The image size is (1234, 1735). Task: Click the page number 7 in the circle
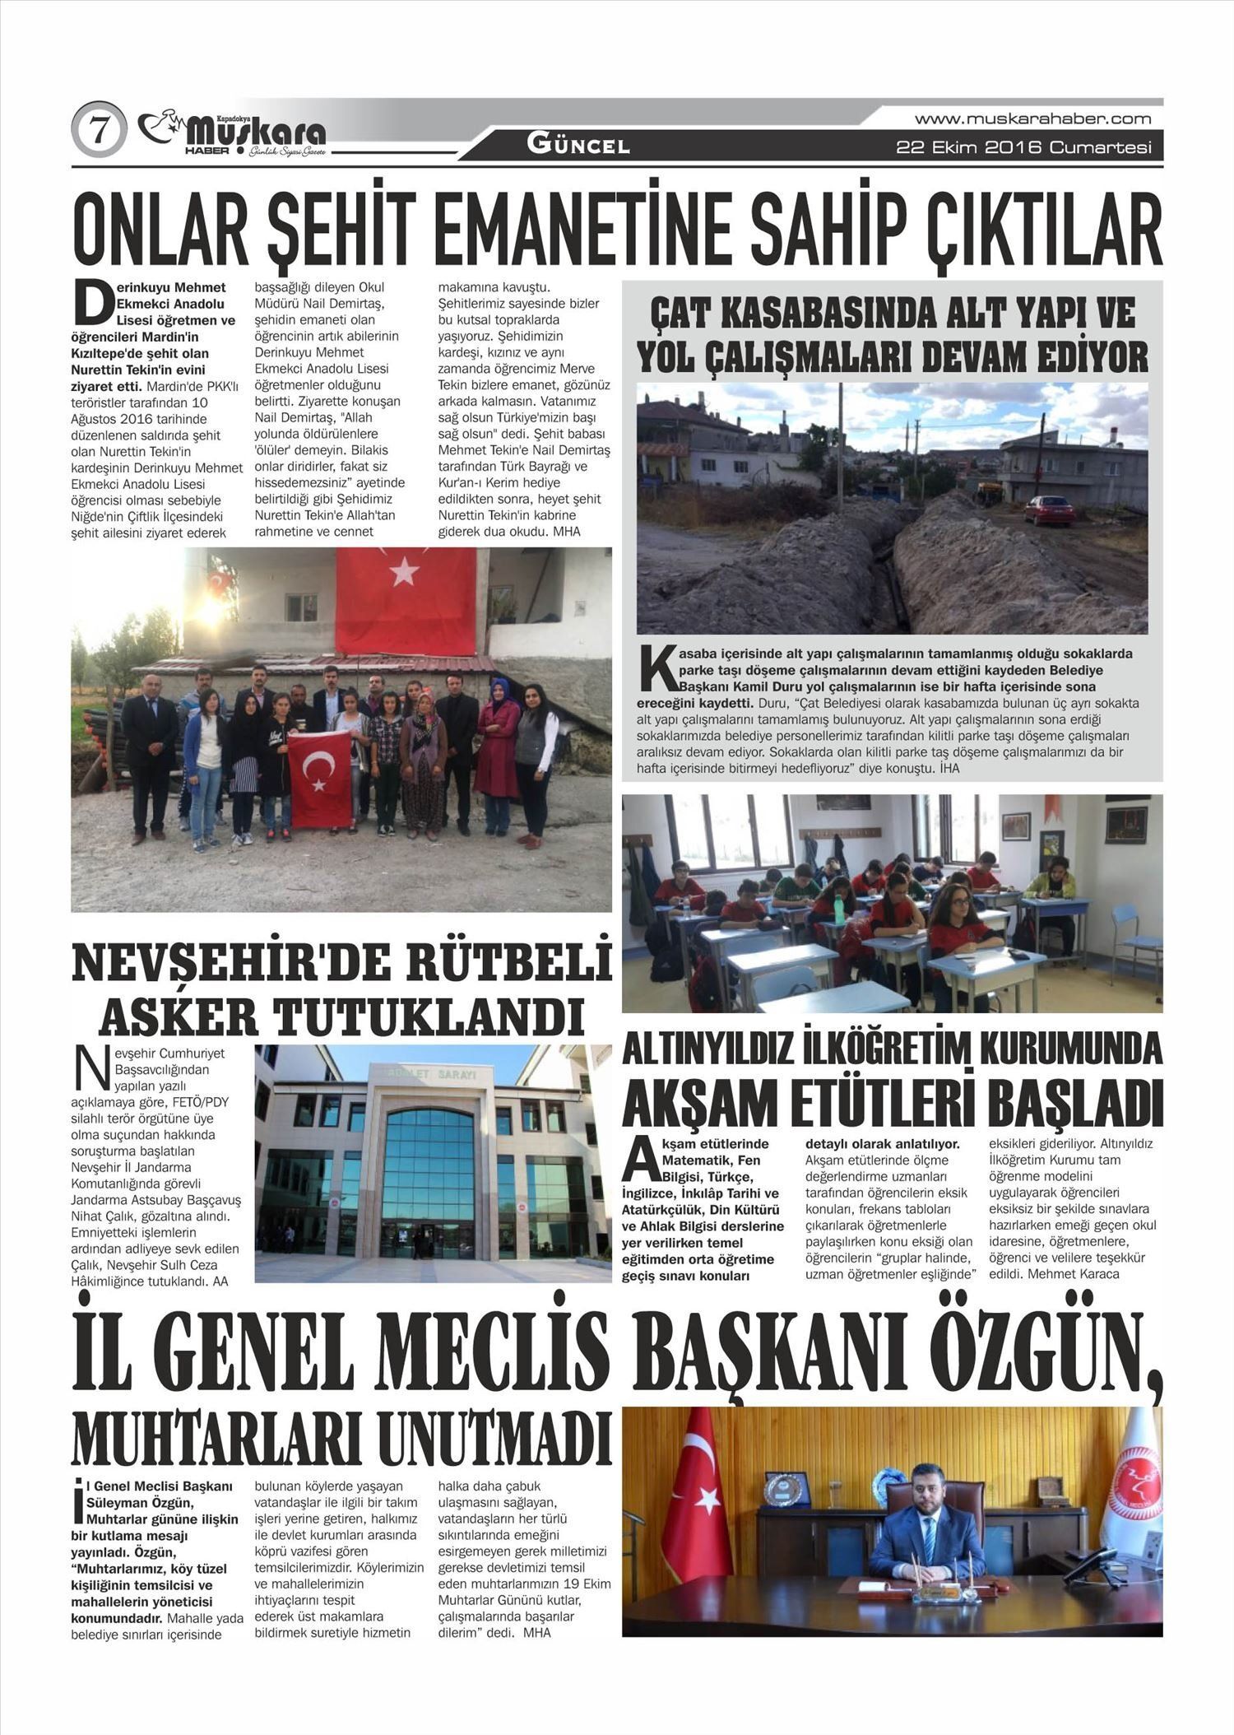click(x=100, y=130)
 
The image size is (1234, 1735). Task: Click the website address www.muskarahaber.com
click(x=1032, y=119)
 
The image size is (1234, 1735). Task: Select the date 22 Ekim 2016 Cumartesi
click(x=1023, y=148)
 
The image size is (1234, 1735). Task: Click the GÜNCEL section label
click(x=578, y=147)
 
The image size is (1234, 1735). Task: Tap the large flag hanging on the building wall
click(x=406, y=588)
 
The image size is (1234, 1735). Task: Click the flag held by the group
click(x=320, y=778)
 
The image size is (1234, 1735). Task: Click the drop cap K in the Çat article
click(x=656, y=670)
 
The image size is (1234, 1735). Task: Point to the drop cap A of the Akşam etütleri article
click(x=639, y=1160)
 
